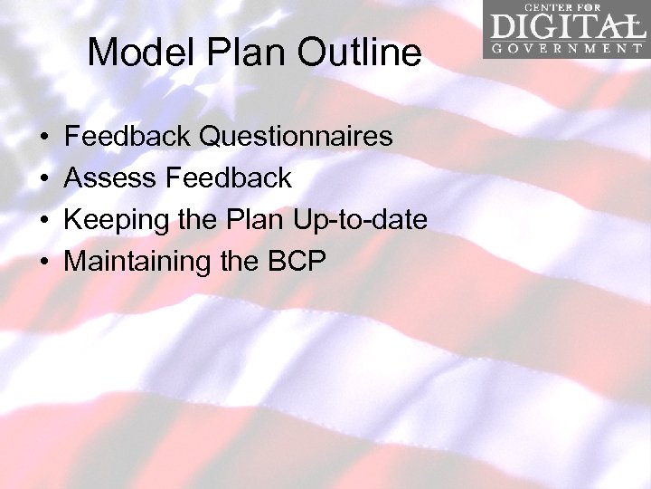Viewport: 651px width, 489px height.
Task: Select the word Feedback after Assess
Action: (229, 178)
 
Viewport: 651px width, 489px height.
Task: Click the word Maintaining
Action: (137, 262)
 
